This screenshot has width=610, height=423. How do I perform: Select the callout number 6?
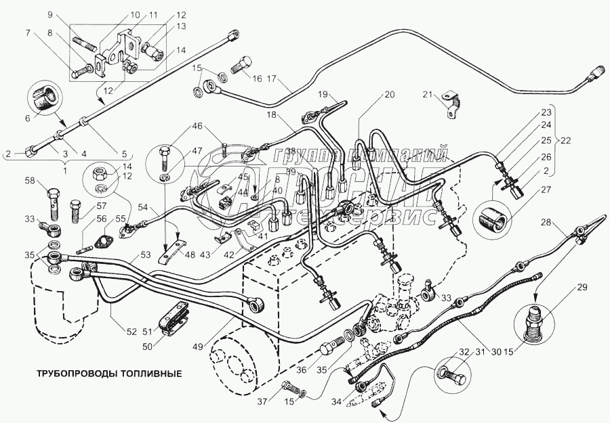click(27, 118)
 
